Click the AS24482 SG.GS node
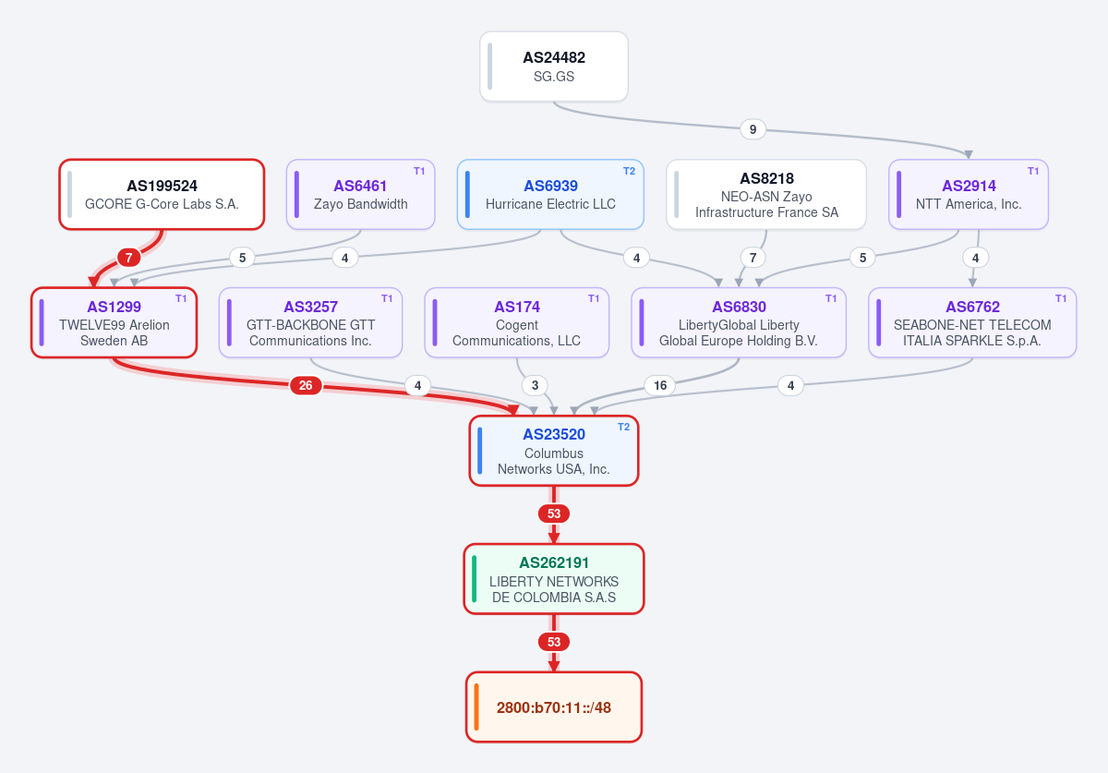click(553, 66)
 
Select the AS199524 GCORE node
click(162, 194)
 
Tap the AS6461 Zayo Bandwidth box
click(361, 194)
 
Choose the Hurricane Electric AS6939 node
click(550, 194)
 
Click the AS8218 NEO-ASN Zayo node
click(766, 194)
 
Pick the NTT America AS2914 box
click(968, 194)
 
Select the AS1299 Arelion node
click(114, 322)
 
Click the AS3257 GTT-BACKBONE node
click(310, 322)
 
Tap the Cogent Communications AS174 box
click(516, 322)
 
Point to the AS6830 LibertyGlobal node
click(739, 322)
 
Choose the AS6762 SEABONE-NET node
click(972, 322)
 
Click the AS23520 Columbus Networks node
click(553, 451)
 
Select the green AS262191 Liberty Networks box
click(553, 578)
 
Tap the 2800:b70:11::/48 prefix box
click(553, 707)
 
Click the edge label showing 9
click(753, 129)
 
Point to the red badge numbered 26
click(306, 385)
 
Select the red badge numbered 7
click(128, 258)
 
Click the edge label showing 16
click(660, 385)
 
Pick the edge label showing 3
click(535, 385)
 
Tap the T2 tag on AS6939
click(629, 171)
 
